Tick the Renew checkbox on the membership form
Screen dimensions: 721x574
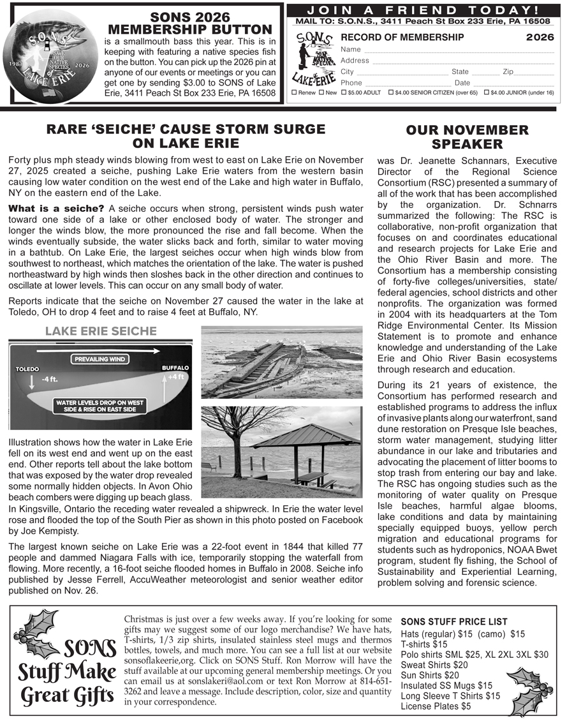pos(293,93)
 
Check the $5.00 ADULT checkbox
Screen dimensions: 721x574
pos(344,93)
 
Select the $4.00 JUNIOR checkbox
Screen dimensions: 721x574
pos(487,93)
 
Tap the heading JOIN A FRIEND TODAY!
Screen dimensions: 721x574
pos(423,10)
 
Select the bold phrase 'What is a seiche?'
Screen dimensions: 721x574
pos(55,209)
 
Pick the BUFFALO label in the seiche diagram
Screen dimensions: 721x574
pos(175,368)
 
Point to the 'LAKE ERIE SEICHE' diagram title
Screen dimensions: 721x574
pos(101,331)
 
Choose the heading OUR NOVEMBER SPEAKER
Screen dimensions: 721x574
pos(467,137)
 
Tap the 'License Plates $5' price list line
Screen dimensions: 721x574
pos(436,706)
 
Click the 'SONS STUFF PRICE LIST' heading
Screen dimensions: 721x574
pos(454,621)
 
